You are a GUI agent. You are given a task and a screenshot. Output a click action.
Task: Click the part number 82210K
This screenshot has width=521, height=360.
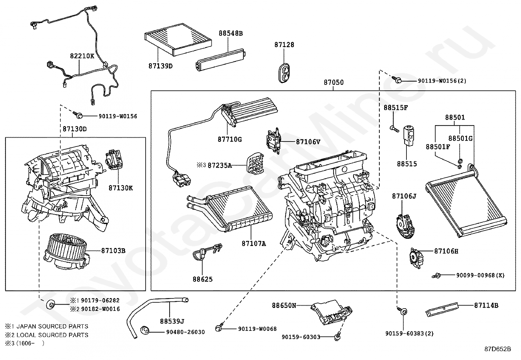(82, 56)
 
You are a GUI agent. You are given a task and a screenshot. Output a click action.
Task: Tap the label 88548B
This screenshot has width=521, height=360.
(231, 33)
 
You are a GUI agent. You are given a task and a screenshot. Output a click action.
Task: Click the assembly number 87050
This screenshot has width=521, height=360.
(334, 83)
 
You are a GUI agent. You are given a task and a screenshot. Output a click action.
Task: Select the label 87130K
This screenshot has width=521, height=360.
(121, 188)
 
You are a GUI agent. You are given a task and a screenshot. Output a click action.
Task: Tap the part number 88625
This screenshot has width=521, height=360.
(202, 279)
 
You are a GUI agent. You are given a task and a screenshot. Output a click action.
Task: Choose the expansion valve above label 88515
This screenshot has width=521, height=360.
(408, 134)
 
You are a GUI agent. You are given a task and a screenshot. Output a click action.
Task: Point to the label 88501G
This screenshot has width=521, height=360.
(460, 139)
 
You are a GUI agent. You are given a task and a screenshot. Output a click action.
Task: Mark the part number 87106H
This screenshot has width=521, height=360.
(446, 251)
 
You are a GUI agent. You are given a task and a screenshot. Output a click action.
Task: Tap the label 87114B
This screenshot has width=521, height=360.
(486, 306)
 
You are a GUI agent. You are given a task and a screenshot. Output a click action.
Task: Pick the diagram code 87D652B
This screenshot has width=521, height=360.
(497, 349)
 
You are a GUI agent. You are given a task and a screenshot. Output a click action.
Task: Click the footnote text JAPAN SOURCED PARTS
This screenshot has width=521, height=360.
(52, 327)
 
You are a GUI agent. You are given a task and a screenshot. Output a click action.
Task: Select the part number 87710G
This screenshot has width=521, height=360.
(229, 140)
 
